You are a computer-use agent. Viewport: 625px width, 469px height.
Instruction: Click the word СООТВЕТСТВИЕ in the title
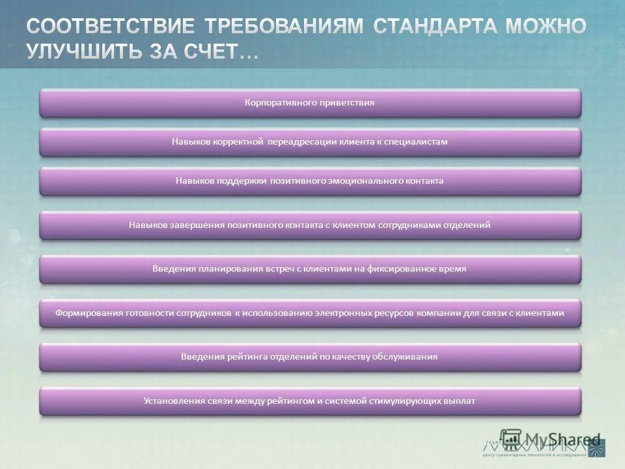click(x=110, y=27)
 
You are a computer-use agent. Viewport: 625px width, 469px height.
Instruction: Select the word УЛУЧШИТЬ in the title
click(x=80, y=52)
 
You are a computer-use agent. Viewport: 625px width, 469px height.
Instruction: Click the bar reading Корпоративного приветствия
click(x=310, y=103)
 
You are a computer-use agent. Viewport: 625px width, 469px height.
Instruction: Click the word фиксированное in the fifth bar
click(x=407, y=268)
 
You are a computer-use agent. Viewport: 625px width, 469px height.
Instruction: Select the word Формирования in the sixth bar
click(x=89, y=313)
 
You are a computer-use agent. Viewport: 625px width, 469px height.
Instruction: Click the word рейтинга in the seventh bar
click(x=250, y=356)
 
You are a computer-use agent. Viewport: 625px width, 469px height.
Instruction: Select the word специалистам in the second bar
click(x=418, y=141)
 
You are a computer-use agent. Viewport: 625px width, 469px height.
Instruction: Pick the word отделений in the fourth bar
click(x=467, y=225)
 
